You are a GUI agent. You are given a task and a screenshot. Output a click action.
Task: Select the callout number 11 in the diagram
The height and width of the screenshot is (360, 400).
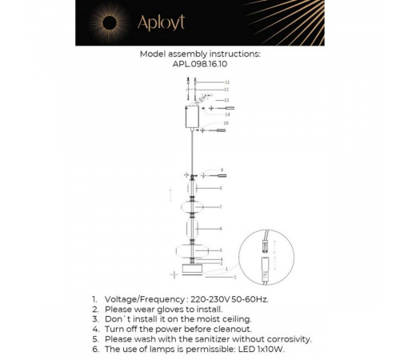(x=226, y=82)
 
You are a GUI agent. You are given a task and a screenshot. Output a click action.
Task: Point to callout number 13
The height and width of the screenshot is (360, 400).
(x=226, y=100)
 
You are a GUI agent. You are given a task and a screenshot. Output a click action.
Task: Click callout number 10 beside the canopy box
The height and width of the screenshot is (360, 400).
(x=226, y=123)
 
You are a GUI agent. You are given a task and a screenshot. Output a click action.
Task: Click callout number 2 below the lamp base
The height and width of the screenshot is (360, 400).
(x=235, y=278)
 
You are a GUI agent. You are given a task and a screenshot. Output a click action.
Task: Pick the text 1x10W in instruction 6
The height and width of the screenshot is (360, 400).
(x=270, y=350)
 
